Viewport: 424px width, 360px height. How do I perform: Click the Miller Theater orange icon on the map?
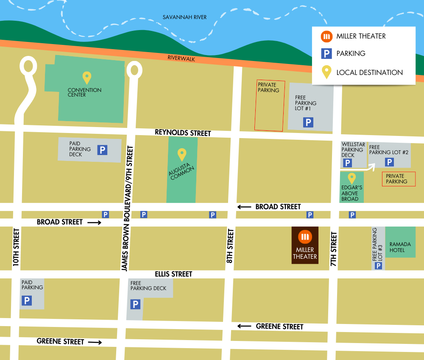[x=305, y=237]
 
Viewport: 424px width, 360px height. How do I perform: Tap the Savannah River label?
[x=184, y=17]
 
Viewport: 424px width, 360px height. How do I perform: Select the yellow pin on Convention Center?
[x=86, y=78]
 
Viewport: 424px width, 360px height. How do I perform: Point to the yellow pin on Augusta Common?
[x=182, y=155]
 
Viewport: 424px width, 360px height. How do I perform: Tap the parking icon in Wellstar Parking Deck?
[x=348, y=163]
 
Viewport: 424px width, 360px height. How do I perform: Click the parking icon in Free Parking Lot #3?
[x=379, y=266]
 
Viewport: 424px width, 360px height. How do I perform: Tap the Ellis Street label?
[x=173, y=274]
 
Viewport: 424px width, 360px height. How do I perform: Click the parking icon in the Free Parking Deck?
[x=135, y=304]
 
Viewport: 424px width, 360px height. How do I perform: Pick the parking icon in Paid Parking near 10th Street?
[x=27, y=301]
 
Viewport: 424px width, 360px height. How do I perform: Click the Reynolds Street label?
[x=183, y=133]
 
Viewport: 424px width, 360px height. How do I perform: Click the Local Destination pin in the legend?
[x=326, y=72]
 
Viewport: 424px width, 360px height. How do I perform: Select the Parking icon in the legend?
[x=326, y=53]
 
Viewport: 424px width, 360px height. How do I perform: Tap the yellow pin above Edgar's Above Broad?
[x=351, y=178]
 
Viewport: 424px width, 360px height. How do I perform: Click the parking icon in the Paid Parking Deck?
[x=102, y=150]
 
